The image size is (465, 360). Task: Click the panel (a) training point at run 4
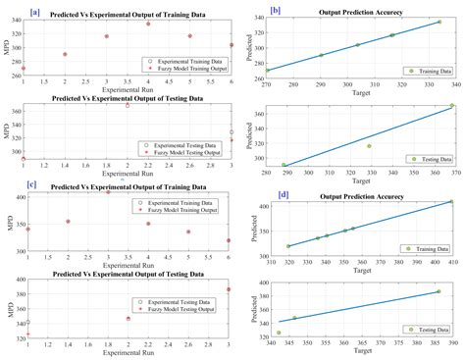pos(148,23)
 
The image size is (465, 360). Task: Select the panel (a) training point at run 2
pos(66,55)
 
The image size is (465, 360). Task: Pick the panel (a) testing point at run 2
pos(128,104)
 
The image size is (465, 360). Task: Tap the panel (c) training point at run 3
pos(108,191)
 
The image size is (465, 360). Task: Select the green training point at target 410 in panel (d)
pos(451,201)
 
